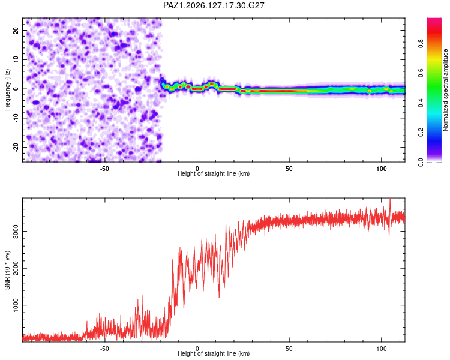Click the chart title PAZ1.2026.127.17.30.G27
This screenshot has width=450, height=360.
pos(214,5)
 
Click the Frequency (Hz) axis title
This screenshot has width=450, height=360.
pos(7,90)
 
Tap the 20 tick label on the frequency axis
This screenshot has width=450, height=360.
pos(16,30)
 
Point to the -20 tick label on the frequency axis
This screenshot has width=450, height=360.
pos(16,147)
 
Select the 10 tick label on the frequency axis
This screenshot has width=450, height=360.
pos(16,59)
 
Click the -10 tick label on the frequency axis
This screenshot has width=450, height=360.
pos(16,118)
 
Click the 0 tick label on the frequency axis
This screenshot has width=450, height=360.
pos(16,89)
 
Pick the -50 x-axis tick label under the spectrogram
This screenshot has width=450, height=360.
pos(104,169)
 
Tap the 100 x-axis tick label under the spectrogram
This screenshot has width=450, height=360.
pos(382,169)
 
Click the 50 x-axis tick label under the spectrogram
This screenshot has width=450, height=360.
pos(289,169)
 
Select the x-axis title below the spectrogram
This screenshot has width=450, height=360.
pos(214,173)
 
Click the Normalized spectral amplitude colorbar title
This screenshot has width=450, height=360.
pos(445,90)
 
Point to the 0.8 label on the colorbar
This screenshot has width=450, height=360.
pos(421,44)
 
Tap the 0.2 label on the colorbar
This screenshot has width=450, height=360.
pos(421,133)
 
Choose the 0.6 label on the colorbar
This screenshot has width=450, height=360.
pos(421,73)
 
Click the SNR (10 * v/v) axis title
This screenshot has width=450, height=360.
pos(7,270)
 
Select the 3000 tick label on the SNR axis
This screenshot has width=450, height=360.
pos(16,232)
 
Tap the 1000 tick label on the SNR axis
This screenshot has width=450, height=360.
pos(16,305)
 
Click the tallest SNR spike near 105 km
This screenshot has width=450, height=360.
pos(390,199)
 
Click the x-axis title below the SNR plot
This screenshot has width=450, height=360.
pos(214,353)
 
